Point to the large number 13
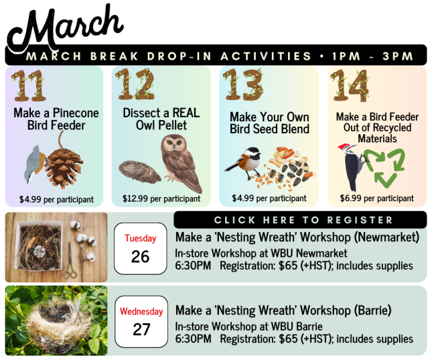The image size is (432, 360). click(242, 84)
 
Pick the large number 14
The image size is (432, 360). click(350, 84)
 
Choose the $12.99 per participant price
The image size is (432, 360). click(161, 199)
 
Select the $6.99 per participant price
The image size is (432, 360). click(376, 198)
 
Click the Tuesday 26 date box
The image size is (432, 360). click(141, 249)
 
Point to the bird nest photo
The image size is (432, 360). click(56, 320)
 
